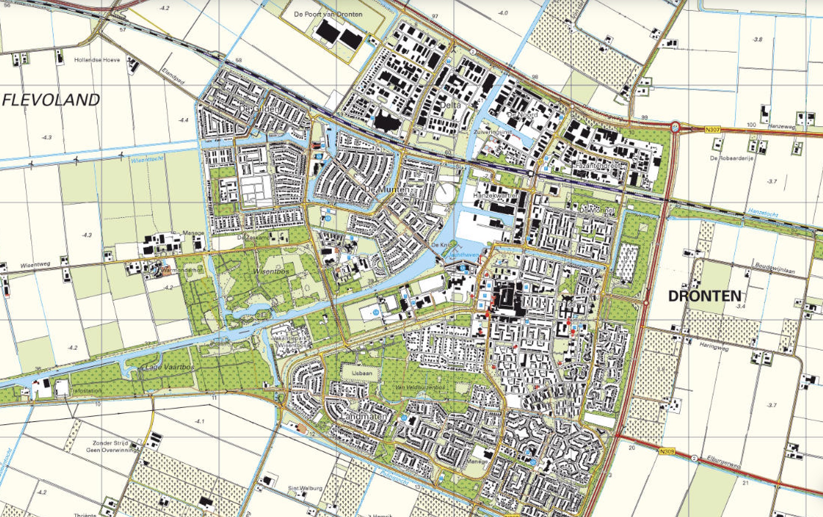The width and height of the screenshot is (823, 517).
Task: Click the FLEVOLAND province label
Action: [x=51, y=100]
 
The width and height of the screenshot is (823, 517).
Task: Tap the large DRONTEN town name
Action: [x=704, y=296]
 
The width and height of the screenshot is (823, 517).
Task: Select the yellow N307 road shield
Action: [x=712, y=130]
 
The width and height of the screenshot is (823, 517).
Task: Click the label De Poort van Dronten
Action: [x=328, y=14]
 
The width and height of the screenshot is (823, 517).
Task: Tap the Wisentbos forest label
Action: [x=271, y=271]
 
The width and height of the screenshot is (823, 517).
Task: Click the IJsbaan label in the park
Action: [x=362, y=372]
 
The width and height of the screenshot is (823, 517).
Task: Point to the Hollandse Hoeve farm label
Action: [x=97, y=60]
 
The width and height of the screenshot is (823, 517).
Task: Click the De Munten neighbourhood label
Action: [x=387, y=190]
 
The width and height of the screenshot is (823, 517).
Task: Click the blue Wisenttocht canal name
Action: [x=147, y=159]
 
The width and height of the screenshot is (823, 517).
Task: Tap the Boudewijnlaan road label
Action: [x=775, y=268]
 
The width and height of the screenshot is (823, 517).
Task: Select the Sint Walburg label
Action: [x=305, y=488]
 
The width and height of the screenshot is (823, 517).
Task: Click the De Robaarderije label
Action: [x=731, y=158]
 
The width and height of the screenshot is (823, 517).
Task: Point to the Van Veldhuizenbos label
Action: [x=420, y=387]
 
